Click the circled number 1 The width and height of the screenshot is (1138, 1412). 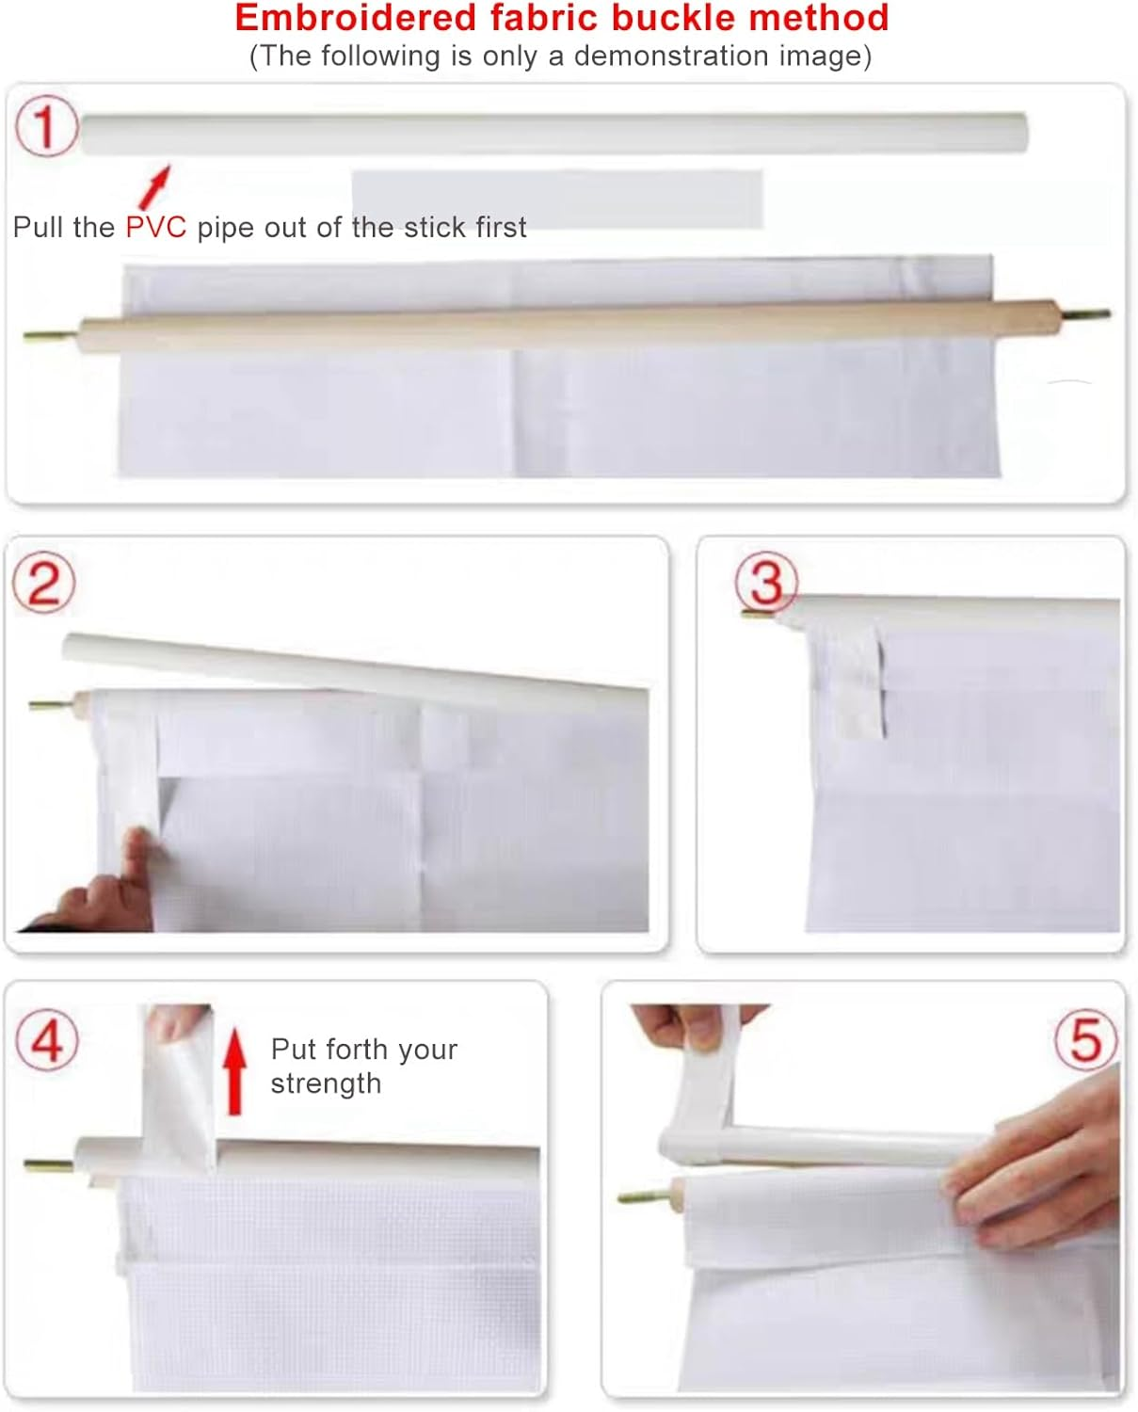(46, 126)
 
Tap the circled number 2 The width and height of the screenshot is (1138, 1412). (44, 583)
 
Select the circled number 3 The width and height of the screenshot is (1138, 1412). (766, 583)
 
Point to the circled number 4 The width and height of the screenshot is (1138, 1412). (47, 1040)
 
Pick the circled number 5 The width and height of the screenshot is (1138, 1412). (1086, 1040)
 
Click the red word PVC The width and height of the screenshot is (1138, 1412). (156, 228)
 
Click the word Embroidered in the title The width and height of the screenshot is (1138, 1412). (355, 18)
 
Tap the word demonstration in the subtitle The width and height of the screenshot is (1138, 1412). (671, 56)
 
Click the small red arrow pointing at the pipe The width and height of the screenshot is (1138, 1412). (155, 186)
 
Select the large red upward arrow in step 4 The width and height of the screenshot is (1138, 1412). (234, 1071)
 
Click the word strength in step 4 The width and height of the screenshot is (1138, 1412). (327, 1083)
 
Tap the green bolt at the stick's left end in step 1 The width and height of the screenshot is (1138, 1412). (51, 337)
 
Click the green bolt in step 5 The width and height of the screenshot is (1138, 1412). (646, 1196)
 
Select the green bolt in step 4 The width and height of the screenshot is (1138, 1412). (49, 1165)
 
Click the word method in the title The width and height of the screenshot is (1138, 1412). (818, 18)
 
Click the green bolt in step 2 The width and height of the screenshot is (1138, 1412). (51, 705)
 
